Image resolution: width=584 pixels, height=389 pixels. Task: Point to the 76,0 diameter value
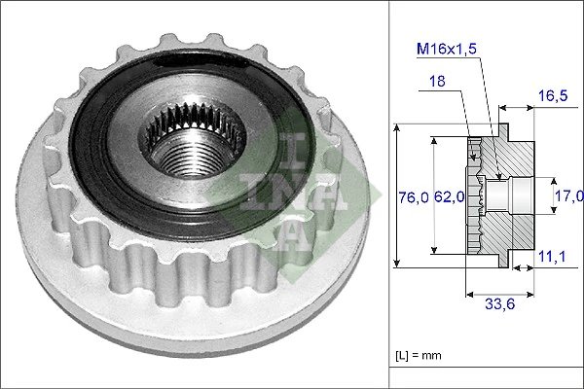tap(413, 197)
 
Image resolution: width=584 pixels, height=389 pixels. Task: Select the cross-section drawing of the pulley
tap(500, 194)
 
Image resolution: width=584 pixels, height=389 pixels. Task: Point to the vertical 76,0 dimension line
tap(397, 194)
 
